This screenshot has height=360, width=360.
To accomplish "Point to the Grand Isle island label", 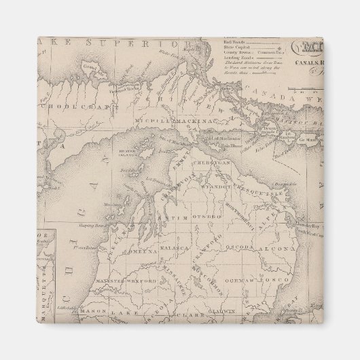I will coord(90,67).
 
